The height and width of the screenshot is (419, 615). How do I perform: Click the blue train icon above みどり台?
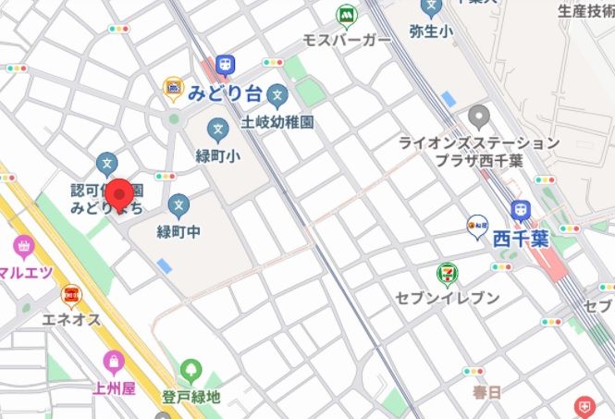point(225,65)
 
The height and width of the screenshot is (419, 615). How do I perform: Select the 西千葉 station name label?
point(520,238)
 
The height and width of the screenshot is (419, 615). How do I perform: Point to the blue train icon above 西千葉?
point(520,211)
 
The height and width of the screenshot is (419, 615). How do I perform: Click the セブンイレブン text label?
point(447,298)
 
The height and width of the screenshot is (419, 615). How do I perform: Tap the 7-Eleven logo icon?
point(447,273)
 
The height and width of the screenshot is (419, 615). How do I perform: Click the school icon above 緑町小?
point(218,129)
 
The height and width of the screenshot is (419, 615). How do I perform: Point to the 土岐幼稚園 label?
point(277,120)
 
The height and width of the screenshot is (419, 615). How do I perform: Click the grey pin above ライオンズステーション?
point(478,117)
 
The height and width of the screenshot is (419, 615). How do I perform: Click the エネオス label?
point(70,320)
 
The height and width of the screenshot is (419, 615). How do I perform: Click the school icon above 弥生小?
point(431,7)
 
